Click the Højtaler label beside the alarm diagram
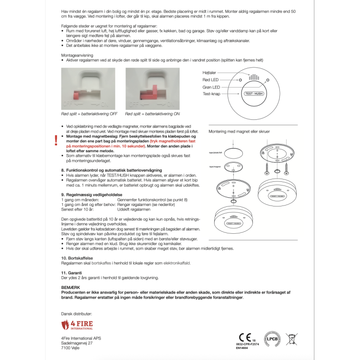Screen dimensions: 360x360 [x=210, y=72]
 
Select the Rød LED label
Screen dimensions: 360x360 [x=211, y=80]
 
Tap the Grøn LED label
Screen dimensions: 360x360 [x=211, y=87]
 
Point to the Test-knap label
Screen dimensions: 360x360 [x=211, y=94]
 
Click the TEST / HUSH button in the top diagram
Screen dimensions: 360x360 [x=254, y=93]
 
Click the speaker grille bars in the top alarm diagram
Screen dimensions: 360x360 [x=254, y=77]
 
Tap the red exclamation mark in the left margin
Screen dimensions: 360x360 [x=56, y=140]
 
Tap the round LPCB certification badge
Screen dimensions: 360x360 [x=272, y=338]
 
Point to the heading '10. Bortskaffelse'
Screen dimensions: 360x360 [x=77, y=258]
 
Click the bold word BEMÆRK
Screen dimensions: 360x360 [x=70, y=287]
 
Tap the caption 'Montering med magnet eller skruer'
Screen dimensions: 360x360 [x=239, y=131]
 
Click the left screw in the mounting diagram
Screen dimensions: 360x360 [x=265, y=169]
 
